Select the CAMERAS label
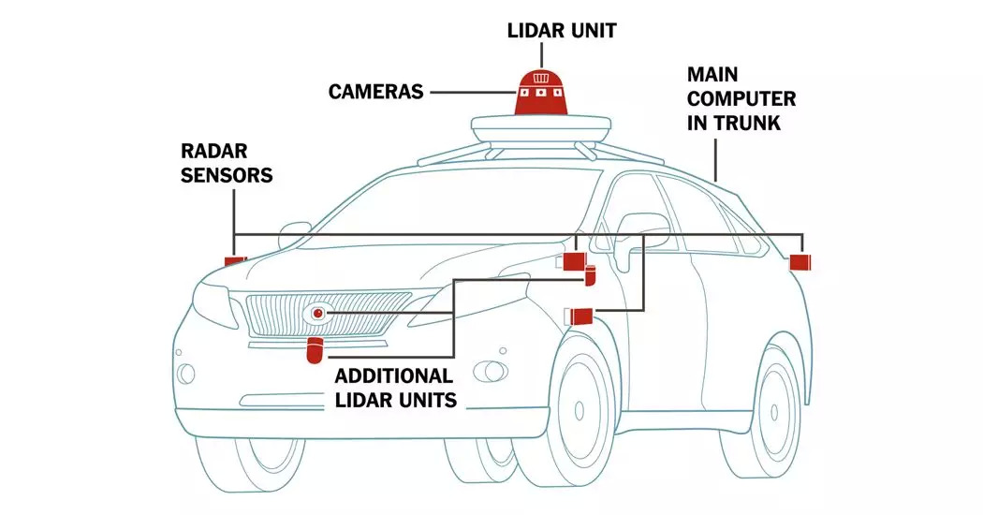tap(375, 92)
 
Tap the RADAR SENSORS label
tap(227, 162)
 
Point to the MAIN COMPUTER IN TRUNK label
tap(741, 97)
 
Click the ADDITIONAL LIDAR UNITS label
tap(394, 388)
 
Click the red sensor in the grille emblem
tap(319, 312)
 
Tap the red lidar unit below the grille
tap(315, 352)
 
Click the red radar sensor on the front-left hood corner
tap(234, 260)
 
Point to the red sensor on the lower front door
tap(579, 315)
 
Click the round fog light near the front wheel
tap(489, 367)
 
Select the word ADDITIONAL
tap(394, 376)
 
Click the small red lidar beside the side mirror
tap(590, 275)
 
